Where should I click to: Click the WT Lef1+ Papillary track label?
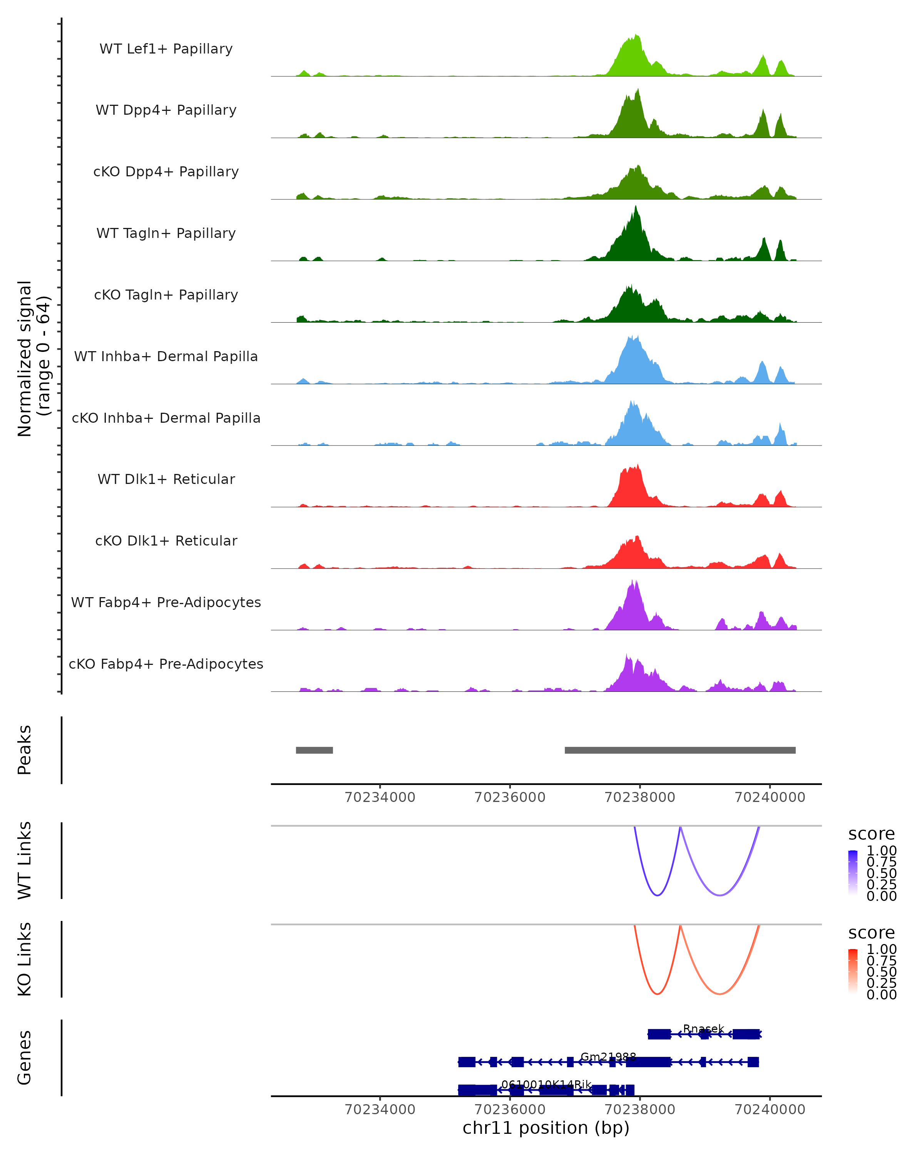point(166,49)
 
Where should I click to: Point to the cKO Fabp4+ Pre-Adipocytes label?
point(166,664)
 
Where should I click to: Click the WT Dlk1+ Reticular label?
point(166,479)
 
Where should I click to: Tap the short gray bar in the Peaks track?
point(315,750)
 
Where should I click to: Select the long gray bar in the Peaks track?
point(680,750)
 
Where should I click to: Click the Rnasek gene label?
point(703,1029)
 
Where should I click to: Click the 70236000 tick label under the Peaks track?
point(510,797)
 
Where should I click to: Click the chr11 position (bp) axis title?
point(546,1128)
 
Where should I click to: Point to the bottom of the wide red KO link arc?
point(720,994)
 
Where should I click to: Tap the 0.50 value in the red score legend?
point(881,972)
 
